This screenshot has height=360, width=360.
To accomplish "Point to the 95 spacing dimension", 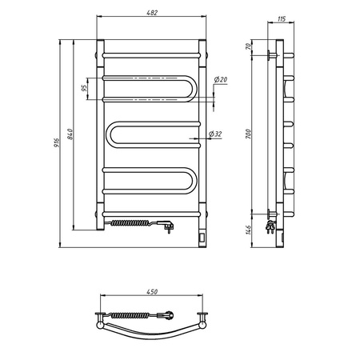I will (x=85, y=88).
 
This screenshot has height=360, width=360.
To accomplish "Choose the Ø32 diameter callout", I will (x=214, y=134).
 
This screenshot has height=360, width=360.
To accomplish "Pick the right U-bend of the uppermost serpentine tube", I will (x=189, y=86).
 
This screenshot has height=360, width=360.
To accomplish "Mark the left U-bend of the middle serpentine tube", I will (x=110, y=136).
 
